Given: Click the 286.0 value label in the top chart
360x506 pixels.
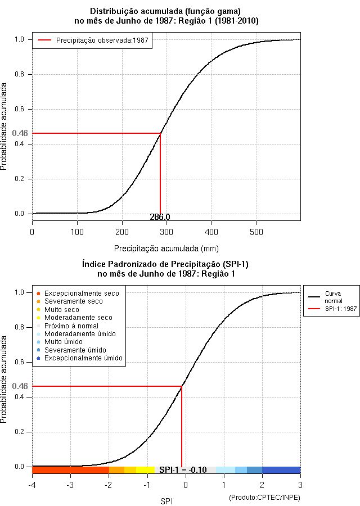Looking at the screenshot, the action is [160, 217].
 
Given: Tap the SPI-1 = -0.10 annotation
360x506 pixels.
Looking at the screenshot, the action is [183, 470].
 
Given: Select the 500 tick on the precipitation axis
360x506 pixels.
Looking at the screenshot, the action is [256, 232].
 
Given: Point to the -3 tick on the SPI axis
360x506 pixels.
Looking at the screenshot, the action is [70, 485].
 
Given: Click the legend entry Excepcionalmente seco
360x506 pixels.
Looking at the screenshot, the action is [78, 293].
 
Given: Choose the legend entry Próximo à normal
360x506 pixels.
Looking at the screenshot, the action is [68, 326].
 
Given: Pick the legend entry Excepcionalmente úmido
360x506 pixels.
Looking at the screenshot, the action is [80, 358].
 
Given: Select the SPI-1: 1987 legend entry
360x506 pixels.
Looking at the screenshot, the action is [332, 309].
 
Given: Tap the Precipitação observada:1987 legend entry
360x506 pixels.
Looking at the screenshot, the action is [93, 40].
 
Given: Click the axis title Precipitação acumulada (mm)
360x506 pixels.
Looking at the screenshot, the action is [166, 249].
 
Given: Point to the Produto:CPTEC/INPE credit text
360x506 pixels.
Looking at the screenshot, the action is [264, 498].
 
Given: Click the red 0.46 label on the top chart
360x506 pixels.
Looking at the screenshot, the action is [20, 133].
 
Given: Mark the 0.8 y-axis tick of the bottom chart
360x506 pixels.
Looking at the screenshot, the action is [19, 327].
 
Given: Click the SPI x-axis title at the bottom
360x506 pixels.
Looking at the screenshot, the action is [166, 501].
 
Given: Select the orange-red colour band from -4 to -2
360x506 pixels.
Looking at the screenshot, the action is [71, 470].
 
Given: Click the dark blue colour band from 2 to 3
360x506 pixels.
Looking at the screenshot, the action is [281, 470].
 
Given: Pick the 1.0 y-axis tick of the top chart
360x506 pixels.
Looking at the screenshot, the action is [19, 39].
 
